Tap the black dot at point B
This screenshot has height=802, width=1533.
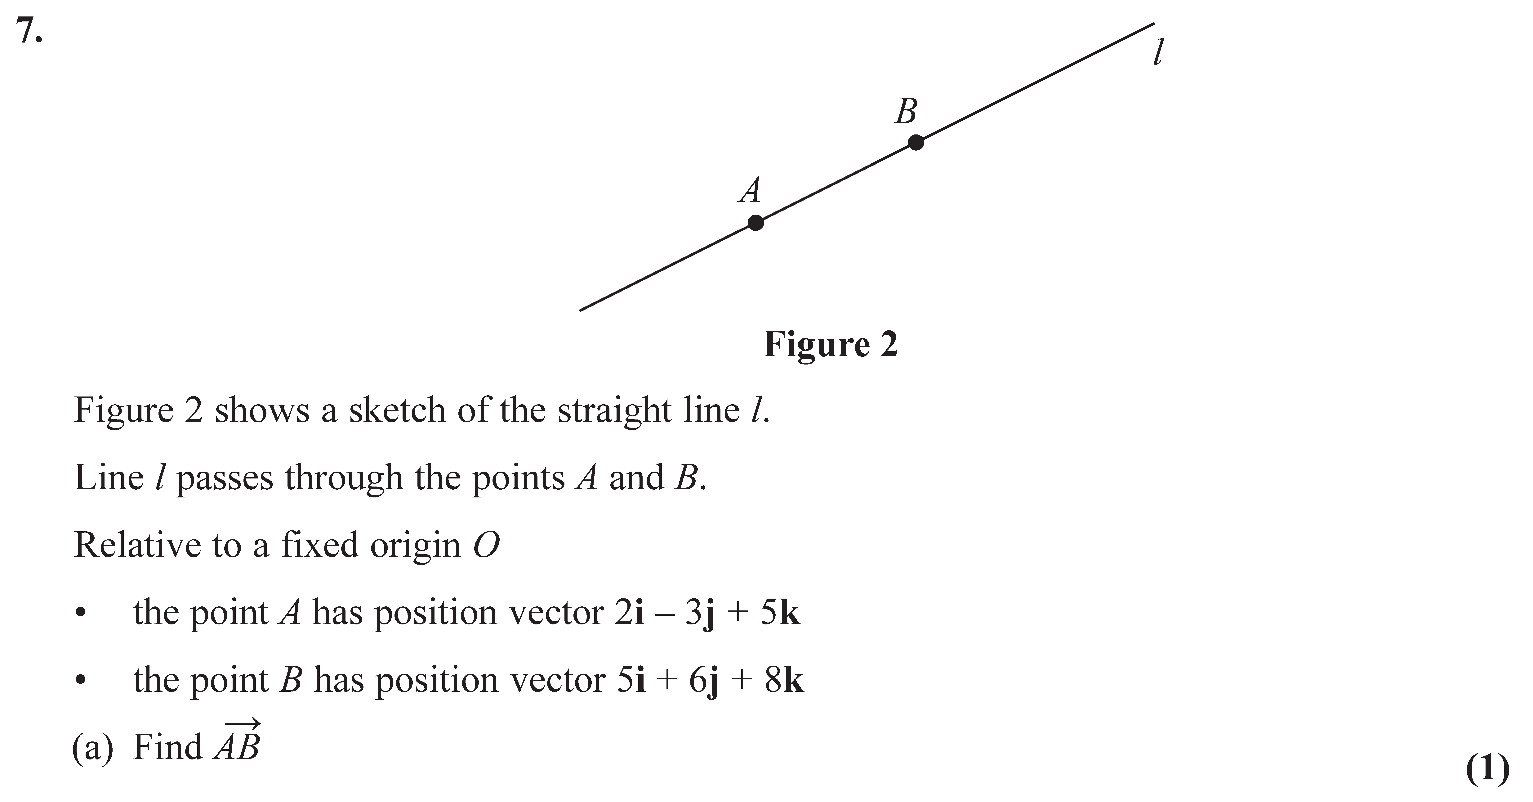pyautogui.click(x=916, y=142)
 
